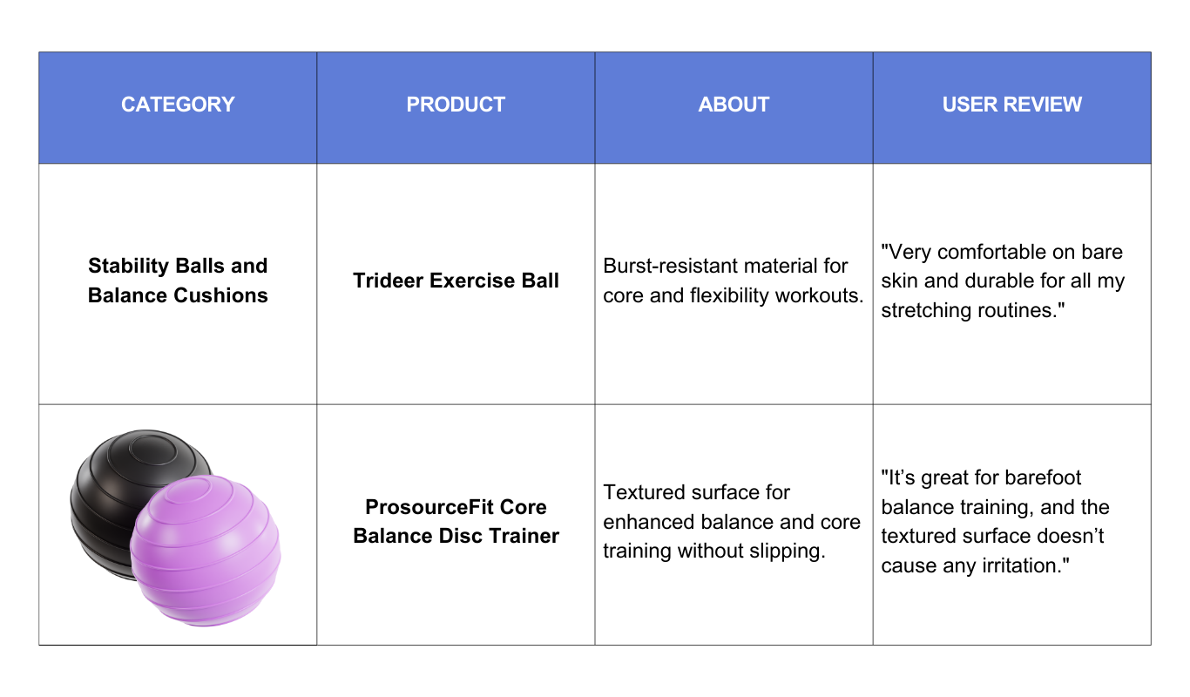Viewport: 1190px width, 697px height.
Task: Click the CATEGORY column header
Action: (178, 105)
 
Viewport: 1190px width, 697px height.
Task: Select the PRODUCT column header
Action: (456, 105)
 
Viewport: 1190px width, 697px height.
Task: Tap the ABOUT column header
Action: (734, 105)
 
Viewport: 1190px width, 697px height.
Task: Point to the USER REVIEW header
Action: (1011, 105)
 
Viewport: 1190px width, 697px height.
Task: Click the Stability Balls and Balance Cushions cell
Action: (178, 281)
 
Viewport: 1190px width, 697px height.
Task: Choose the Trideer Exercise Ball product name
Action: (456, 281)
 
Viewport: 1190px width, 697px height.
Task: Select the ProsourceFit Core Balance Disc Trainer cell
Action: (456, 521)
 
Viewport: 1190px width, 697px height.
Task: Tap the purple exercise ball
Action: (206, 551)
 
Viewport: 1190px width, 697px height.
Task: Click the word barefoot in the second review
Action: (1043, 477)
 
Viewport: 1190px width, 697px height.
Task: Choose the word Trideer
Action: (389, 281)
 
